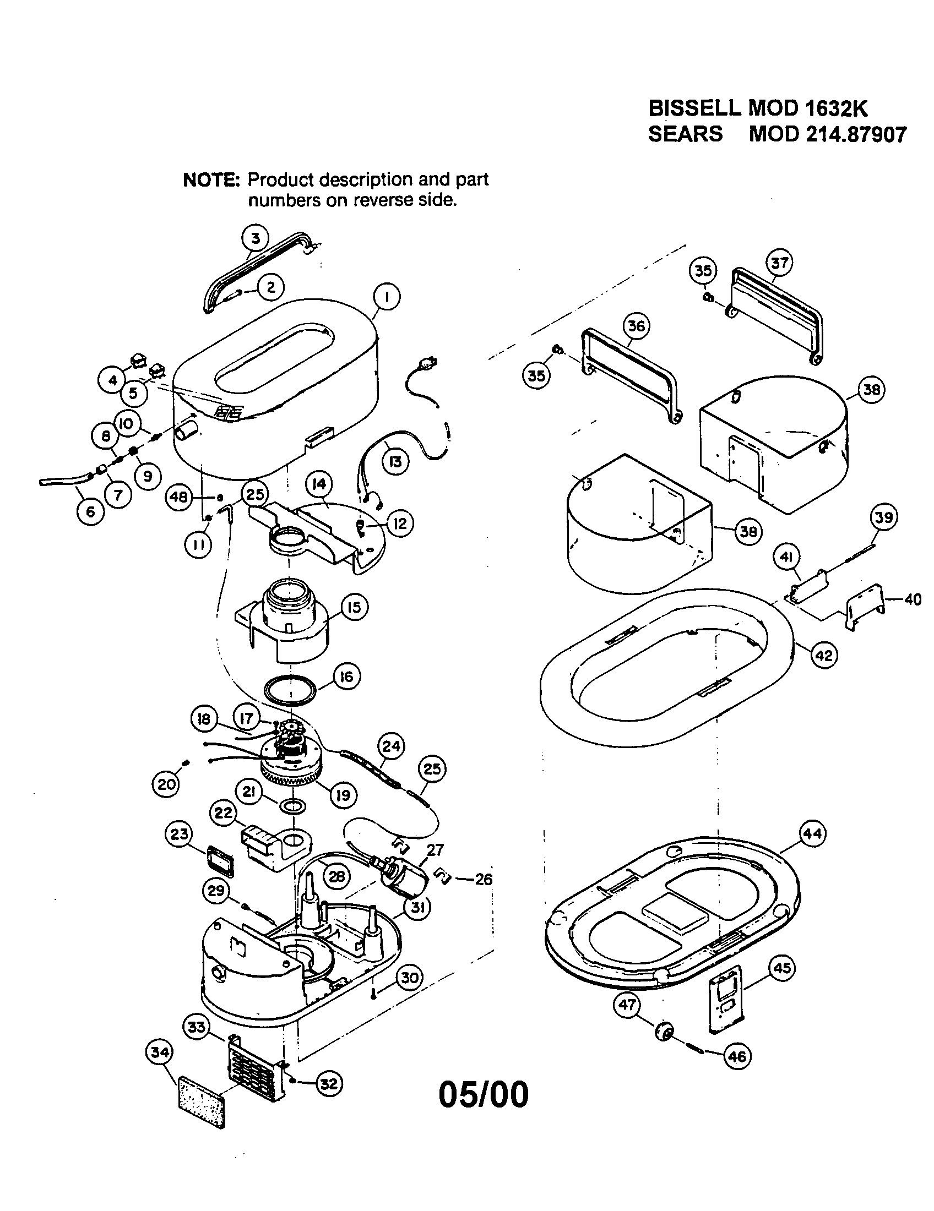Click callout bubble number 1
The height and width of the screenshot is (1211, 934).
click(387, 297)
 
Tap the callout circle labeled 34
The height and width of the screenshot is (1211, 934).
click(160, 1052)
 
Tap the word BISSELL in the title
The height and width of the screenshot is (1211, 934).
click(694, 107)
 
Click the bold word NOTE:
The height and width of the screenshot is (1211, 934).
click(211, 180)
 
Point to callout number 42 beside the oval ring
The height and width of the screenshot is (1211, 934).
click(823, 656)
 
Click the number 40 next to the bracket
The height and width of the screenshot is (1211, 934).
click(913, 599)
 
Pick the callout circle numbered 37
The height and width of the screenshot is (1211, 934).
click(780, 263)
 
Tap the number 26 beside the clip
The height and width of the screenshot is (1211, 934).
click(484, 880)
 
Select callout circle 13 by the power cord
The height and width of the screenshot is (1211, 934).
click(395, 461)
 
